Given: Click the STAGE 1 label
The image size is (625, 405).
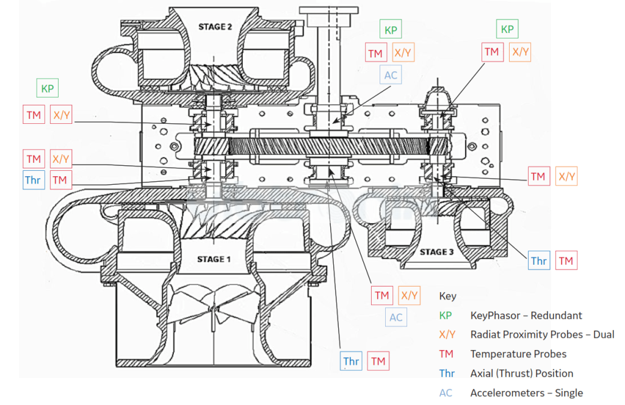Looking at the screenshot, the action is (x=214, y=259).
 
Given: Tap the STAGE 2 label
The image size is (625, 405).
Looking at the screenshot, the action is (x=215, y=27).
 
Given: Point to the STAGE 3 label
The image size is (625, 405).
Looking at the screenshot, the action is (x=436, y=252).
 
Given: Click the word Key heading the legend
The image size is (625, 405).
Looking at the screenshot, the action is (x=447, y=296).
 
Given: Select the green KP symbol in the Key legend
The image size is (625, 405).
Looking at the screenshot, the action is (x=445, y=315).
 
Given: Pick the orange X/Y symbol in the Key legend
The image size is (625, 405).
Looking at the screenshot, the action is (x=447, y=334).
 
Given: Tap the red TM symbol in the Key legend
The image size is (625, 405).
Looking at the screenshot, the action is (x=446, y=354).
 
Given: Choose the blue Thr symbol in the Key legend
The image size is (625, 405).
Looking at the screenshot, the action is (x=447, y=373).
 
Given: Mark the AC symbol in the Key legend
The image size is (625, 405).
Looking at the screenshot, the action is (x=446, y=393).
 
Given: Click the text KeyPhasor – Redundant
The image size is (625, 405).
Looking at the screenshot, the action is (x=526, y=315).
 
